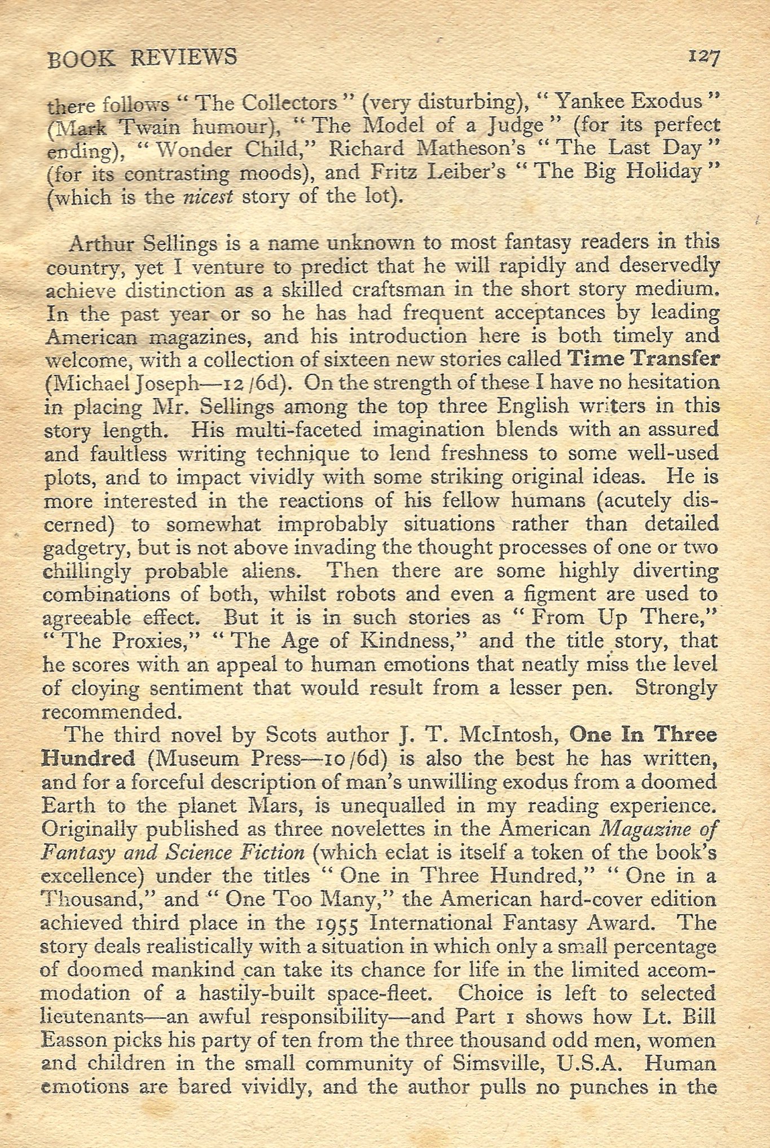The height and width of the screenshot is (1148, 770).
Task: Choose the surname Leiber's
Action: [460, 172]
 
